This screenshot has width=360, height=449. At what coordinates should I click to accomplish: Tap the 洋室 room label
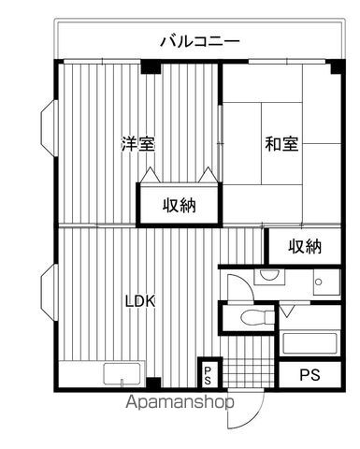click(137, 144)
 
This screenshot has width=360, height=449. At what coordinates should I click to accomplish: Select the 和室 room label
click(280, 144)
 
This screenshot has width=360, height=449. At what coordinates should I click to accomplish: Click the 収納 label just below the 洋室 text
click(180, 205)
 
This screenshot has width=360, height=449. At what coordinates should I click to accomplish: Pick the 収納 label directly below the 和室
click(305, 246)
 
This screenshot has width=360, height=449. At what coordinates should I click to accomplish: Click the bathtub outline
click(310, 341)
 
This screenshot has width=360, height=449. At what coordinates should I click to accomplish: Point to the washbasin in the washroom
click(268, 276)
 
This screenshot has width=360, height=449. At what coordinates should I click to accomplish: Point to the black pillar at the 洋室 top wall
click(150, 66)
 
